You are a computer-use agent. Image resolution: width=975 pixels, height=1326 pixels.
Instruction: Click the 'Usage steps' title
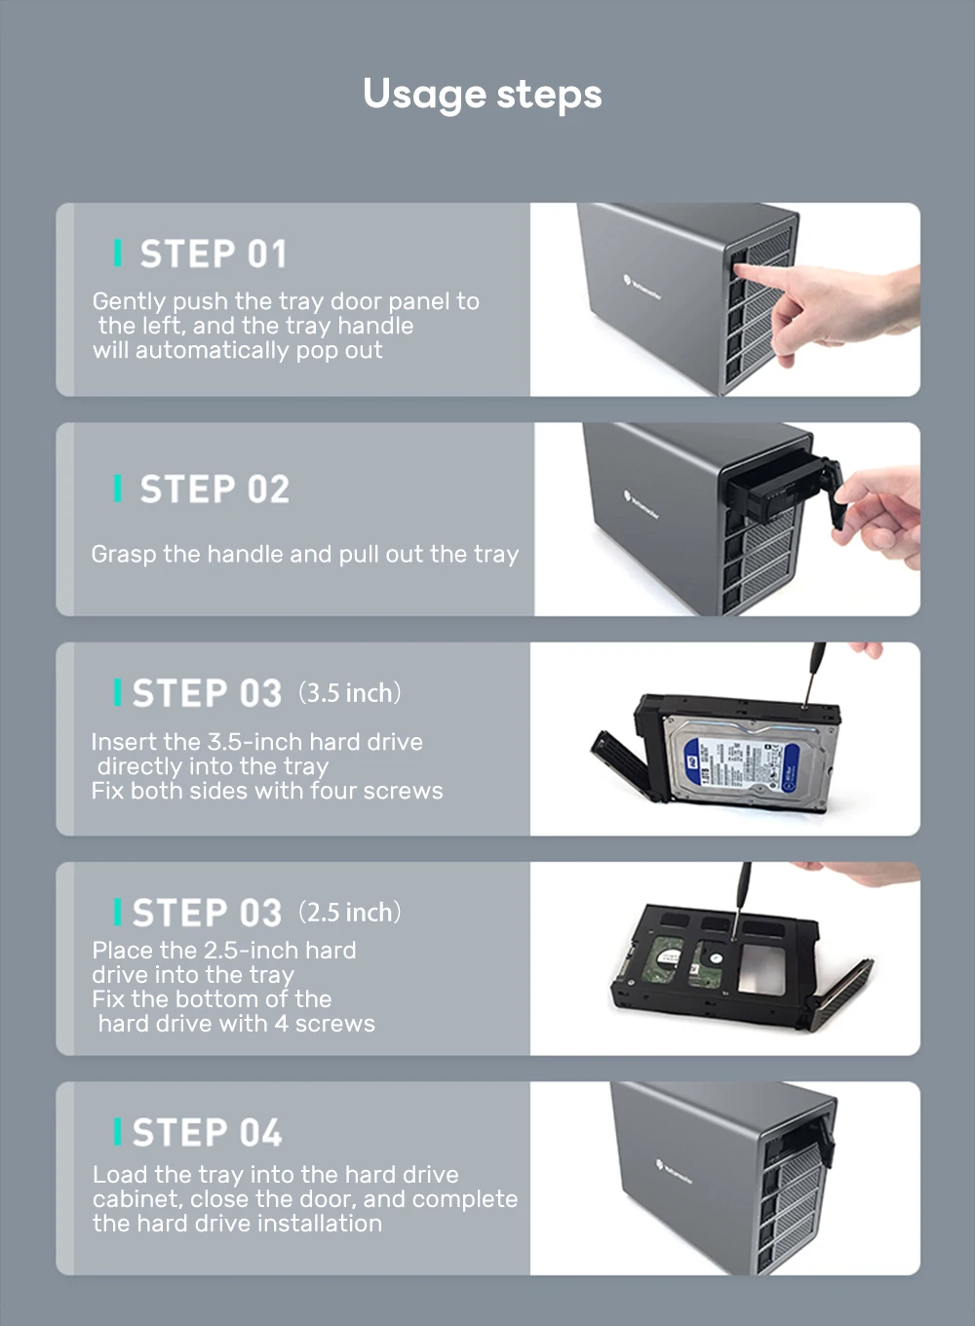(483, 95)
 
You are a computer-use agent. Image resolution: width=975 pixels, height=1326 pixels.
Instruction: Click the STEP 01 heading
(214, 253)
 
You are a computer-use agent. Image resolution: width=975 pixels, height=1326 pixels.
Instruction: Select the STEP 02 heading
(214, 489)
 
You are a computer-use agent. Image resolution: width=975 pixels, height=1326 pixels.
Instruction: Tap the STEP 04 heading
(208, 1132)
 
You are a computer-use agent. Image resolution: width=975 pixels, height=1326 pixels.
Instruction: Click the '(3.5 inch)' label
(350, 692)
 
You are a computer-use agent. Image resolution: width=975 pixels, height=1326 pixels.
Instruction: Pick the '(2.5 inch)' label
(350, 913)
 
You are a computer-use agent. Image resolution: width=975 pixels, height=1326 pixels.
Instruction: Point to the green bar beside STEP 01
(118, 253)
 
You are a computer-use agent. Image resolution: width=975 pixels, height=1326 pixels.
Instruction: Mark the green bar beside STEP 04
(118, 1131)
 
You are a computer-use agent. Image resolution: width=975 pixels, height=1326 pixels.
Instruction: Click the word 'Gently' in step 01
(129, 302)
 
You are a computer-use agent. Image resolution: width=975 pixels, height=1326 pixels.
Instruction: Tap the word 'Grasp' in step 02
(124, 555)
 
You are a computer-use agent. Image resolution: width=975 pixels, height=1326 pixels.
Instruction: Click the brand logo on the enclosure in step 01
(643, 287)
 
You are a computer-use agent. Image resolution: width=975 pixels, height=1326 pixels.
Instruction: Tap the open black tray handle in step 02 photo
(834, 494)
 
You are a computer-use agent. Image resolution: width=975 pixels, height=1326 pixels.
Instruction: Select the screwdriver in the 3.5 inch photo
(811, 675)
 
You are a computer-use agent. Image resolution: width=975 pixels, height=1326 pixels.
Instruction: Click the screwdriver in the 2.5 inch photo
(740, 900)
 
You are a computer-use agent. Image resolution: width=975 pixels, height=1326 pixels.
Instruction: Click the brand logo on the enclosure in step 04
(675, 1173)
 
